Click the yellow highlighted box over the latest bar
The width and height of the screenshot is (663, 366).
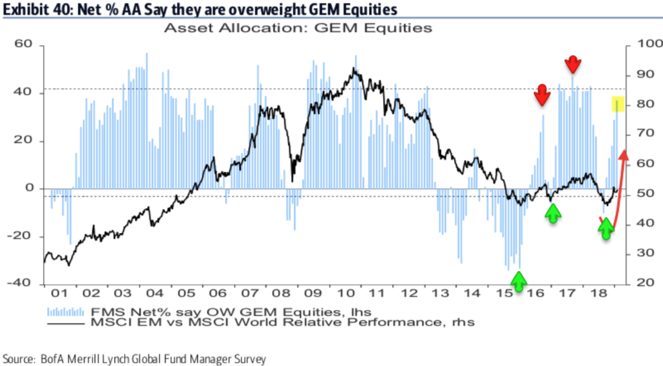click(618, 104)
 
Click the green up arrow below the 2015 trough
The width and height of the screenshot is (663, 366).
click(518, 280)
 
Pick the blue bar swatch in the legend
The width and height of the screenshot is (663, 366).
click(65, 311)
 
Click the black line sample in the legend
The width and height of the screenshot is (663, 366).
click(65, 322)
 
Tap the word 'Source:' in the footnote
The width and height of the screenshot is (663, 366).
click(19, 359)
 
